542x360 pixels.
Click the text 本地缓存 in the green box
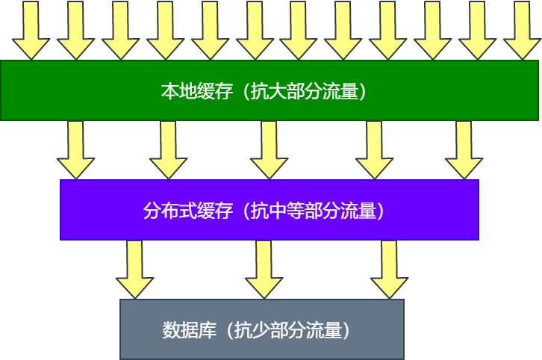[x=191, y=92]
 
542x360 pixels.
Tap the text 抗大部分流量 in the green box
[x=307, y=92]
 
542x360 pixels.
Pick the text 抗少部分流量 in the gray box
[x=290, y=330]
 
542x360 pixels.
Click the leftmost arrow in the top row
[x=31, y=30]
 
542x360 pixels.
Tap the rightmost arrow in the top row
[x=522, y=30]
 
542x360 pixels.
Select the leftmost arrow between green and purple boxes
[x=75, y=149]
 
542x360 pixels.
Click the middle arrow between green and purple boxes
[x=270, y=149]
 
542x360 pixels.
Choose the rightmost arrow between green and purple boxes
[x=464, y=149]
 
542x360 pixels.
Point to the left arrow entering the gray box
[x=134, y=269]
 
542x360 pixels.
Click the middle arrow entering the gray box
[x=264, y=269]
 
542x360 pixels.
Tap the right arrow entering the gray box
[x=390, y=269]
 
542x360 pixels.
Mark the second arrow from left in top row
[x=75, y=30]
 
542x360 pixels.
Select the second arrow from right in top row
[x=477, y=30]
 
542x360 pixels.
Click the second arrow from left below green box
[x=169, y=149]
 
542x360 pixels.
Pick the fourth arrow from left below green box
[x=374, y=149]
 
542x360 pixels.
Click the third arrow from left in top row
[x=120, y=30]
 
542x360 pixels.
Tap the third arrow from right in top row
[x=432, y=30]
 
